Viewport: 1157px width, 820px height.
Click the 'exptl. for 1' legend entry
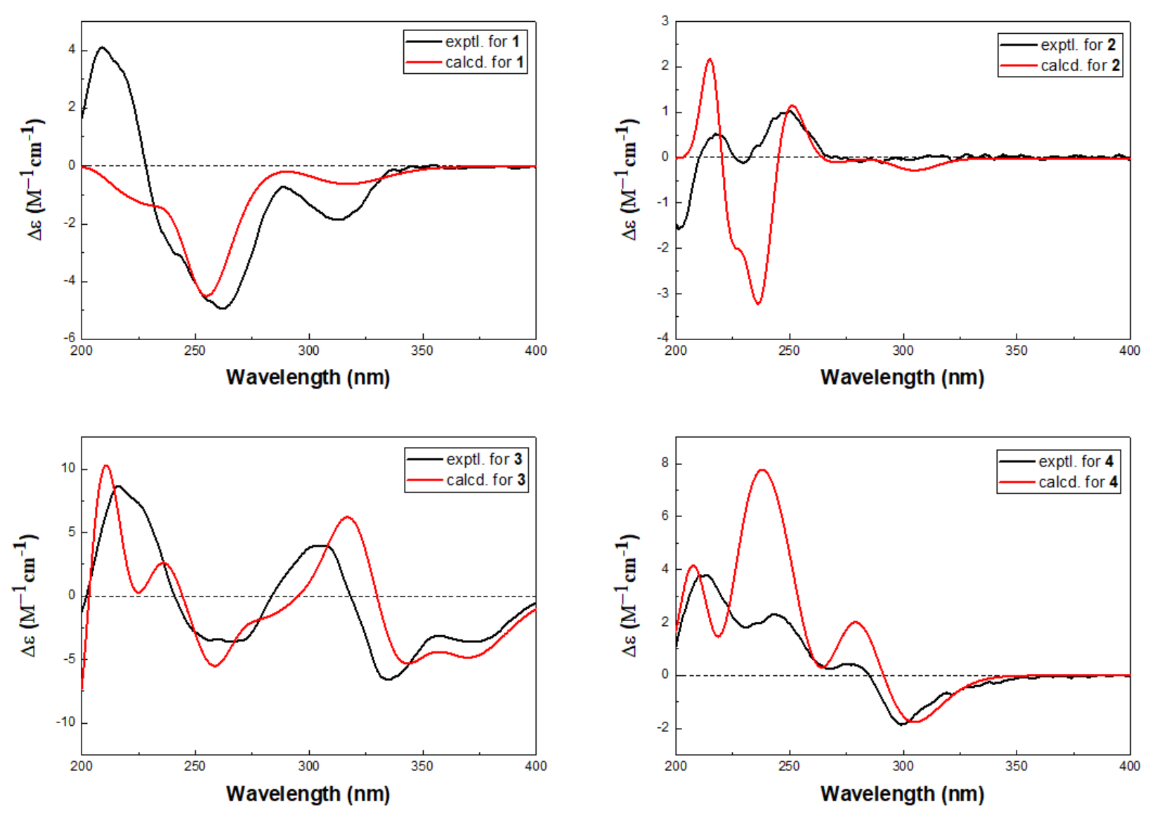coord(466,42)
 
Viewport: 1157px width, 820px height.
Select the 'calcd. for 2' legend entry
coord(1061,66)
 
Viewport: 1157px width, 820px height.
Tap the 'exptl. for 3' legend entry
coord(466,460)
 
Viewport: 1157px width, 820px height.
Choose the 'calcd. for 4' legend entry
coord(1059,482)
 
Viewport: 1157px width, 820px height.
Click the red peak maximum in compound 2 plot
coord(710,59)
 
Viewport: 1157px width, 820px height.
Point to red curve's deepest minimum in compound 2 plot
coord(758,304)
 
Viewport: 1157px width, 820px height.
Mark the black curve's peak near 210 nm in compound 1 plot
coord(103,47)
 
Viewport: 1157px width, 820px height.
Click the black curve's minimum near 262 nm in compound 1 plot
coord(222,308)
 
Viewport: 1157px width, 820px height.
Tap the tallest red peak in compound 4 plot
coord(762,470)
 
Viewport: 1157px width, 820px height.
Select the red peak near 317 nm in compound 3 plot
coord(347,517)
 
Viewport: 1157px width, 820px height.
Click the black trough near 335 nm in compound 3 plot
coord(388,679)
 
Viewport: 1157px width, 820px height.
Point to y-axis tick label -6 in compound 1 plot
coord(70,338)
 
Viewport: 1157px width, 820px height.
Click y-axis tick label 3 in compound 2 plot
coord(665,21)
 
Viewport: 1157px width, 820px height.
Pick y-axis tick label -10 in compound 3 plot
coord(65,722)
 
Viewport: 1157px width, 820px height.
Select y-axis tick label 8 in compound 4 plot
coord(665,464)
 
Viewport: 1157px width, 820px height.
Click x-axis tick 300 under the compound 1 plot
coord(308,351)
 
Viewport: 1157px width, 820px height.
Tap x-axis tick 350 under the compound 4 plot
coord(1016,766)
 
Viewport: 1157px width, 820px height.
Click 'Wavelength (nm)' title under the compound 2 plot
coord(902,377)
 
